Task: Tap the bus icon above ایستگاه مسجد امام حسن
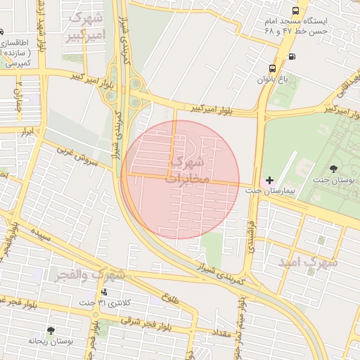click(x=295, y=12)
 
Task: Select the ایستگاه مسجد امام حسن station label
click(x=295, y=27)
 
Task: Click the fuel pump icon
click(x=291, y=56)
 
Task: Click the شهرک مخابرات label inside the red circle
click(x=188, y=169)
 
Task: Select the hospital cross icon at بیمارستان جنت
click(x=269, y=181)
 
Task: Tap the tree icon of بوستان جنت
click(x=333, y=169)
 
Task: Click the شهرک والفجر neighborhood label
click(x=91, y=274)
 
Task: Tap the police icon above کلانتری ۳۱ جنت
click(x=105, y=292)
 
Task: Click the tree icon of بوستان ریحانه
click(x=50, y=330)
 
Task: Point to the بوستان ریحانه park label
click(x=51, y=340)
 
